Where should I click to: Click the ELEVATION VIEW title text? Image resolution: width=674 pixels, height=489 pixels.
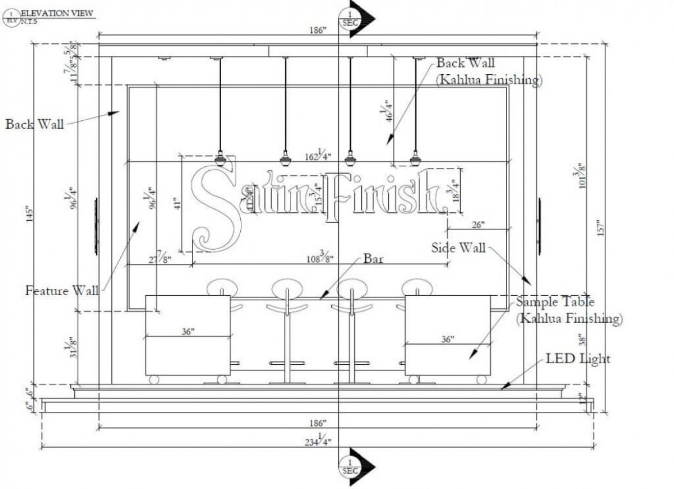[57, 12]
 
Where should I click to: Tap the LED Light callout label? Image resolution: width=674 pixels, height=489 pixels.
[578, 359]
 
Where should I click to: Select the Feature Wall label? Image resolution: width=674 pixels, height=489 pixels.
[62, 291]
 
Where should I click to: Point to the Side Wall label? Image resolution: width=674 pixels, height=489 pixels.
[459, 248]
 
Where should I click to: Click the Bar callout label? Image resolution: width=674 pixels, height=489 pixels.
[373, 259]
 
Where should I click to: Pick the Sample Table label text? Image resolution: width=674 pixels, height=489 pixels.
[555, 301]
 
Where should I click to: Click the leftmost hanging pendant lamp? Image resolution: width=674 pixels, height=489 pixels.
[219, 158]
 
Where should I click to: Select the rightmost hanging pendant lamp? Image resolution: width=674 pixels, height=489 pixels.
[415, 158]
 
